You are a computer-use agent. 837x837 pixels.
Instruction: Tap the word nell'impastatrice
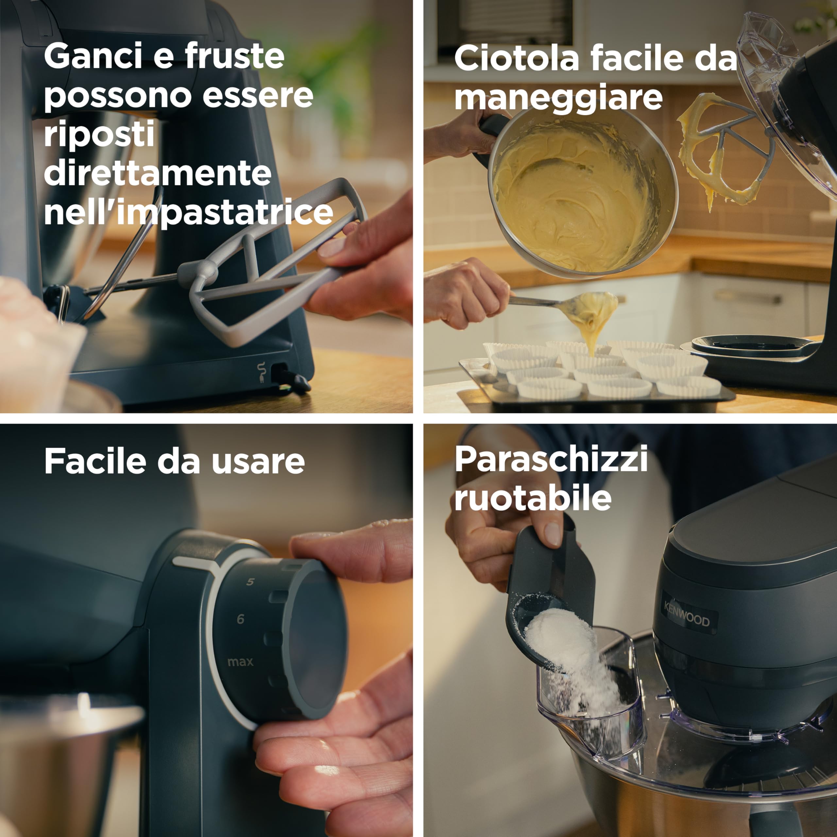[188, 213]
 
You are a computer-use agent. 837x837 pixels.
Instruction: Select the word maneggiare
[558, 97]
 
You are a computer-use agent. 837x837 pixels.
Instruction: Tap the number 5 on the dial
[250, 582]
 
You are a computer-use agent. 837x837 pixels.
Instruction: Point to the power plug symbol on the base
[261, 372]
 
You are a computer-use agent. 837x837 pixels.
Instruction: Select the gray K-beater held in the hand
[269, 277]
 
